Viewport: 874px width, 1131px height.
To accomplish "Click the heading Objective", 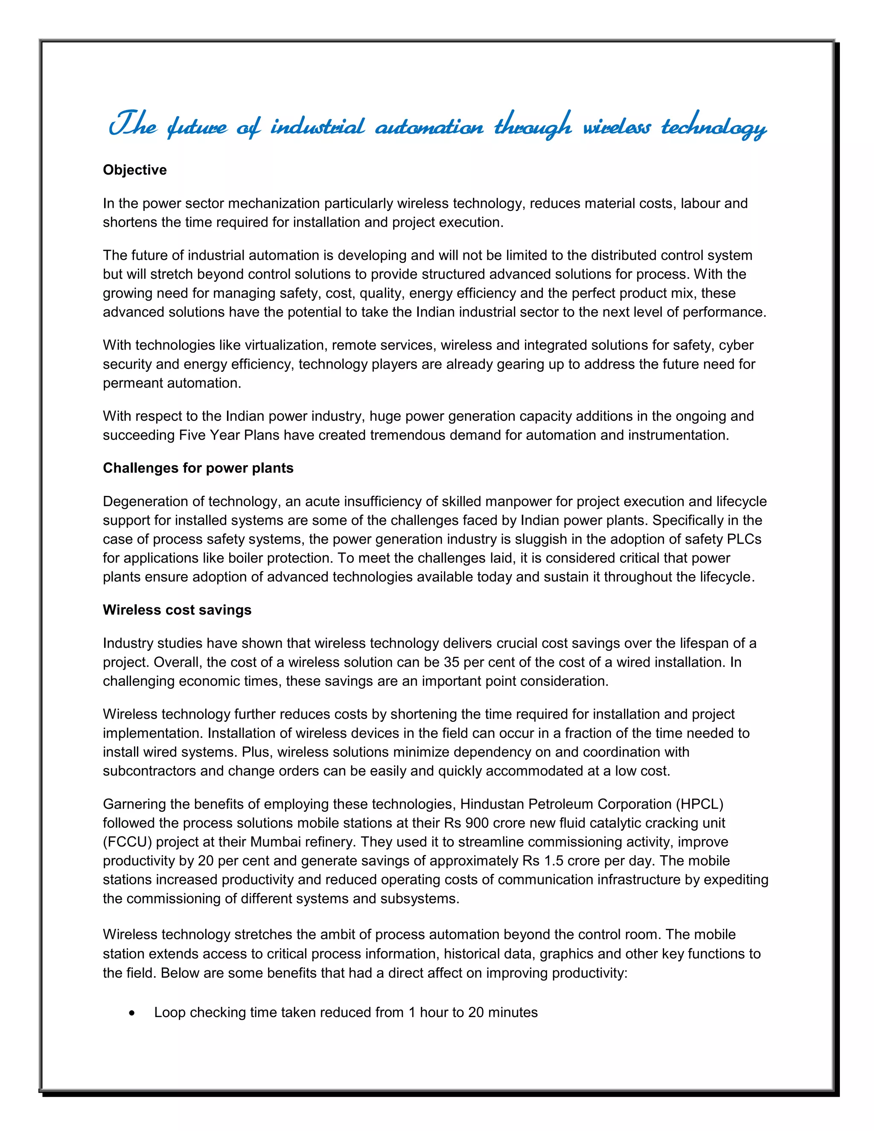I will pyautogui.click(x=134, y=170).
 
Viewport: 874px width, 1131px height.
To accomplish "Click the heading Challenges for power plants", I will pyautogui.click(x=198, y=468).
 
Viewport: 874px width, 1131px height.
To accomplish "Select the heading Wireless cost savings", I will pyautogui.click(x=177, y=610).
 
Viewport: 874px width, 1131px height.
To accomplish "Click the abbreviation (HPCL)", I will pyautogui.click(x=699, y=804).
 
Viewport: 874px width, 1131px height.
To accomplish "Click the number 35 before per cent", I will pyautogui.click(x=452, y=662).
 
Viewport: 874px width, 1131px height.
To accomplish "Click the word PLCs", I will pyautogui.click(x=744, y=539).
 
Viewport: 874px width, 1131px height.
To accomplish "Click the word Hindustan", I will pyautogui.click(x=492, y=804).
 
